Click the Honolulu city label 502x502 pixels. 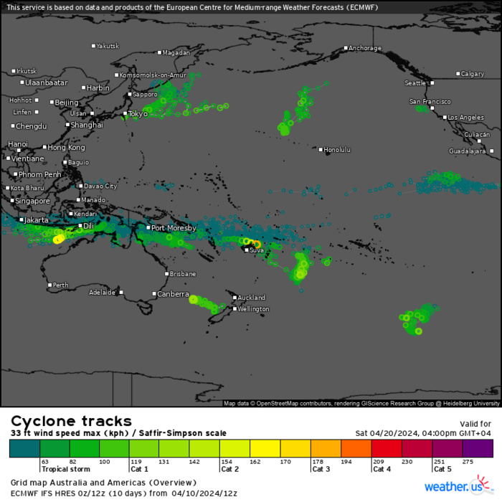(x=338, y=150)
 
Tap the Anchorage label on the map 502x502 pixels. (x=365, y=49)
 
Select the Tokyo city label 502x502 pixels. (x=137, y=114)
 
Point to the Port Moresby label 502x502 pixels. (x=173, y=228)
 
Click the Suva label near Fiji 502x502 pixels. (x=257, y=250)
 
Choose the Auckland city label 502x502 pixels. (x=252, y=298)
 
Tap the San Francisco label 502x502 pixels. (x=430, y=102)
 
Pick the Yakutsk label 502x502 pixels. (x=108, y=46)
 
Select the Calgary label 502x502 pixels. (x=473, y=74)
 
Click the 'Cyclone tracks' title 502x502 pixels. (x=71, y=421)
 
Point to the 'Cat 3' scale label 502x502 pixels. (x=321, y=470)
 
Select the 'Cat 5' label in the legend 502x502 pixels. (x=442, y=470)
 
